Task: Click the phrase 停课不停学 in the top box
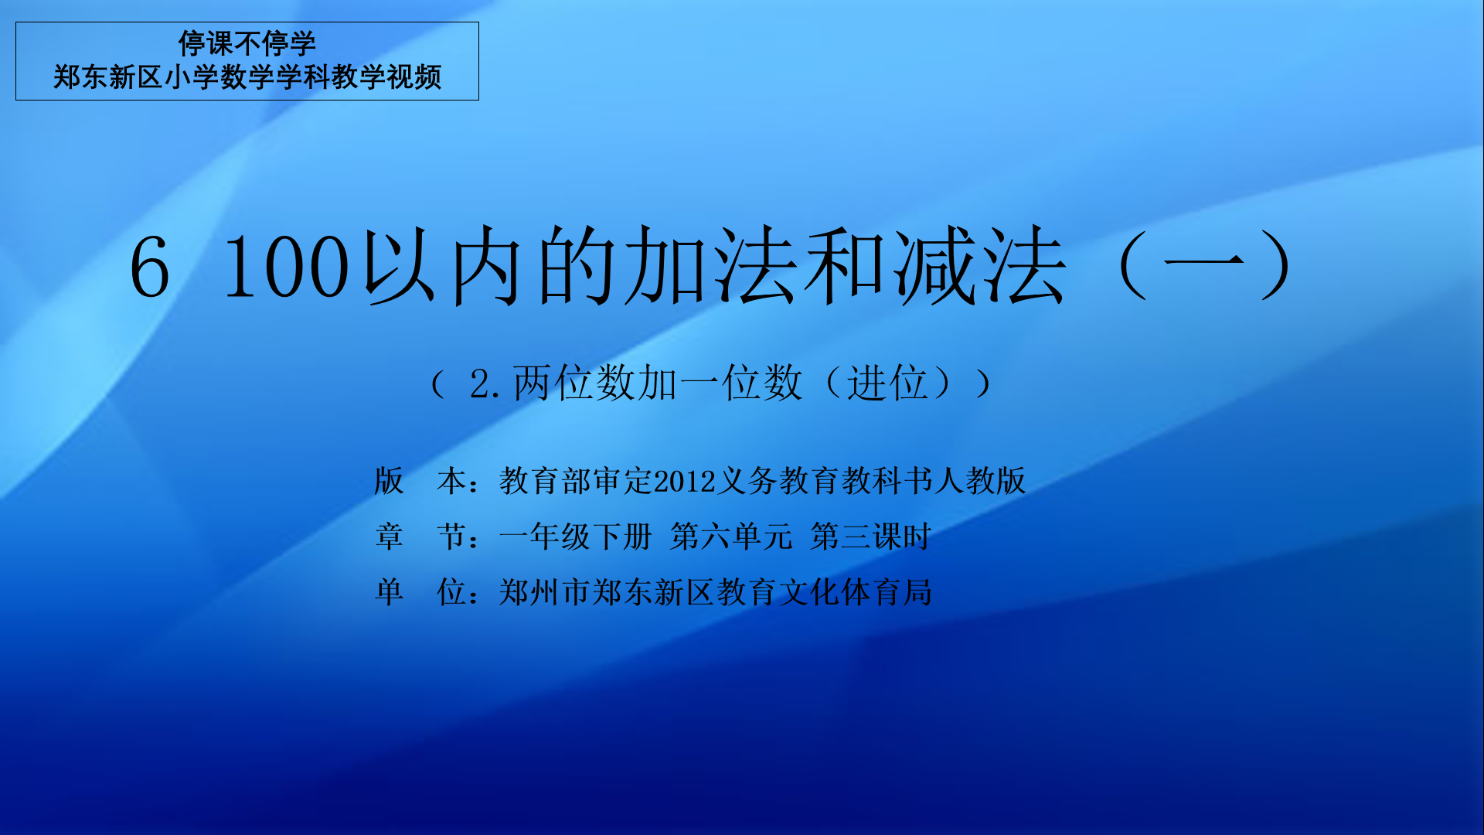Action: coord(247,43)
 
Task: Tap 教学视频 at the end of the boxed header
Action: coord(386,77)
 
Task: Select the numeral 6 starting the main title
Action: coord(150,267)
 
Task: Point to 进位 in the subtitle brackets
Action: coord(887,383)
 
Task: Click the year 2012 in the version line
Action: coord(685,482)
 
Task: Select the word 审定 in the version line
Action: coord(623,481)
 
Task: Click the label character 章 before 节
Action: coord(389,537)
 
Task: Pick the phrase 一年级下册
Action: coord(576,537)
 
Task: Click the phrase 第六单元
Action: coord(731,537)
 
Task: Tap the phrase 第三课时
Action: coord(871,537)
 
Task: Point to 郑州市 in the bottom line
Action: coord(545,592)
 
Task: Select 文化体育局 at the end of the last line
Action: coord(856,592)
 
